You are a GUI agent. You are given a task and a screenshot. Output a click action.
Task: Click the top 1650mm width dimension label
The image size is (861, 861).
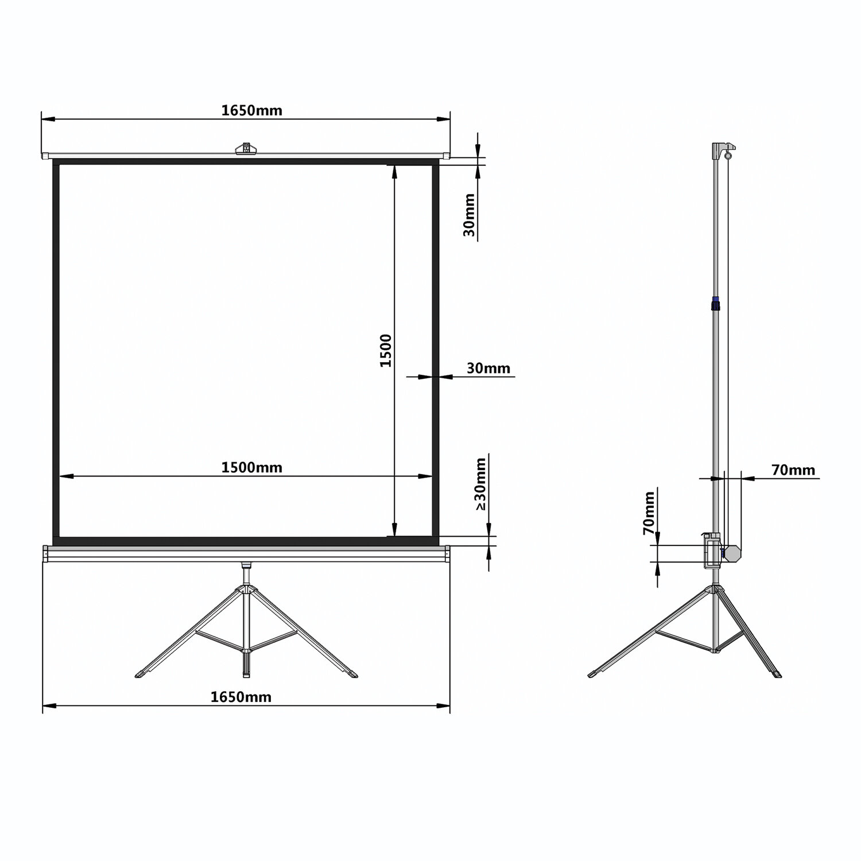251,110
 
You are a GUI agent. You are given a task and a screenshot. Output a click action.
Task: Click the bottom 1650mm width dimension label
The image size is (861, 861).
241,697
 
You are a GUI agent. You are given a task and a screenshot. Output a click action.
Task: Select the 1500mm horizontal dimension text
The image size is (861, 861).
251,467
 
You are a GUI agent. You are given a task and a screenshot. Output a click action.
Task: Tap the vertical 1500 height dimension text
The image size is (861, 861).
385,351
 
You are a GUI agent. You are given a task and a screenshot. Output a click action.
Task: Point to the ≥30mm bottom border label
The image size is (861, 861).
480,483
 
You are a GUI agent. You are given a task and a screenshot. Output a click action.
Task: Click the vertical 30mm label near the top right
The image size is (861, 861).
469,215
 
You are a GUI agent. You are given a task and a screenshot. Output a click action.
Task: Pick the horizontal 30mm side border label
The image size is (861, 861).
488,368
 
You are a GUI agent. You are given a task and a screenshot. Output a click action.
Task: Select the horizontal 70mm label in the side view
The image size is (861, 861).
793,470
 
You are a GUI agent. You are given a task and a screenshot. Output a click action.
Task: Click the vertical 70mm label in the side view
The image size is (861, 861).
649,513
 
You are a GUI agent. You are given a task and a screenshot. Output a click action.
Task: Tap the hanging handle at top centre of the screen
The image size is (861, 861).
246,148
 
